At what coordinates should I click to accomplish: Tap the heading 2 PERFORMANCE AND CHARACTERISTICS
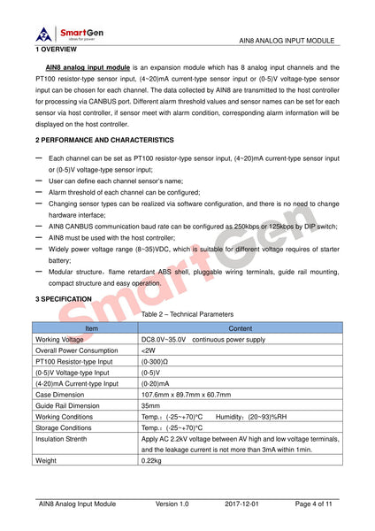coord(104,141)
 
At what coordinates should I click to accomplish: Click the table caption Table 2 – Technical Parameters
coord(187,314)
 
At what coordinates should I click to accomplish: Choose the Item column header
coord(91,328)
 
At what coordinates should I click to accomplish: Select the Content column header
coord(240,328)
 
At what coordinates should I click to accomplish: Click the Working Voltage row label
coord(60,339)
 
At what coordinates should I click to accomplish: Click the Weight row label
coord(45,460)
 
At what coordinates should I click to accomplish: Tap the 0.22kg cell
coord(151,460)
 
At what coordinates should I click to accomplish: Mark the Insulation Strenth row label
coord(62,438)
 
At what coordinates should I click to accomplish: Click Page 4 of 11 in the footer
coord(314,504)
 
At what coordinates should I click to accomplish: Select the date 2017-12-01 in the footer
coord(241,504)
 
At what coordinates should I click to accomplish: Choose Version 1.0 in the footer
coord(172,504)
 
